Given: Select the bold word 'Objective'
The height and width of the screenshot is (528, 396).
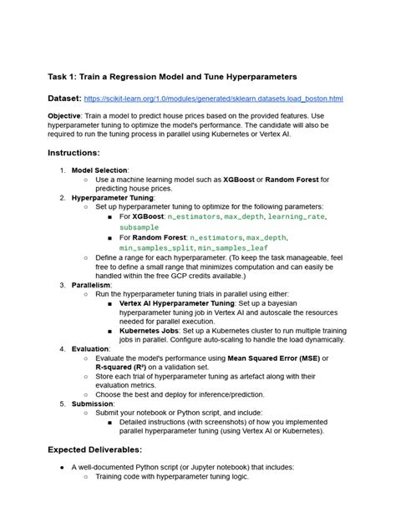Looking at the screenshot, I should point(68,119).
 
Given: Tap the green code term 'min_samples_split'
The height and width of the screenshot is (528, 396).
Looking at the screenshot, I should point(157,248).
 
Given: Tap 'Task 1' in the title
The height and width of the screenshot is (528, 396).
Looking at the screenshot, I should point(64,77).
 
